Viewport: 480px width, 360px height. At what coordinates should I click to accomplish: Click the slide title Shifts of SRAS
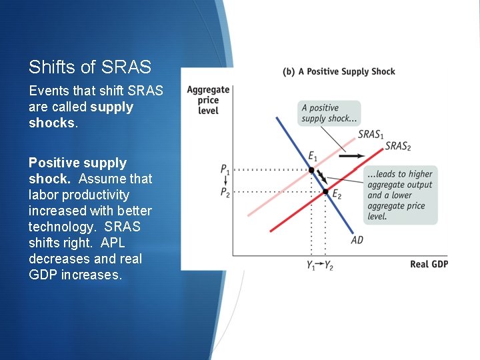pyautogui.click(x=90, y=67)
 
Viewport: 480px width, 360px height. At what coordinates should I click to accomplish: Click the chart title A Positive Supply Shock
pyautogui.click(x=339, y=71)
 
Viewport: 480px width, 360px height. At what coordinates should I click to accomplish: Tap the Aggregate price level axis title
pyautogui.click(x=208, y=99)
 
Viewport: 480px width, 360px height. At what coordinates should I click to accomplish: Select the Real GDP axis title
pyautogui.click(x=429, y=264)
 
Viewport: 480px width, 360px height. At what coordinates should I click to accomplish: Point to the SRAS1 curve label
pyautogui.click(x=371, y=135)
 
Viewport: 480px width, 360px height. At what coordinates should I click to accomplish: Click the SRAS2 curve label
pyautogui.click(x=398, y=146)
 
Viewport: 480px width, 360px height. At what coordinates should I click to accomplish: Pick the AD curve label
pyautogui.click(x=357, y=239)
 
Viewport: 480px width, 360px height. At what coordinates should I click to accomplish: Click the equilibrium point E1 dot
pyautogui.click(x=311, y=170)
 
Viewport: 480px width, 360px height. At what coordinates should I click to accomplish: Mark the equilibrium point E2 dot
pyautogui.click(x=325, y=192)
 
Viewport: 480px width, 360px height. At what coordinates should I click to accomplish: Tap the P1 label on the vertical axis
pyautogui.click(x=225, y=169)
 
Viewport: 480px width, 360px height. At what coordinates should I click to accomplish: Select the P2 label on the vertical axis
pyautogui.click(x=225, y=192)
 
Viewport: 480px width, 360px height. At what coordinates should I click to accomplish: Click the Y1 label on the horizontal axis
pyautogui.click(x=311, y=265)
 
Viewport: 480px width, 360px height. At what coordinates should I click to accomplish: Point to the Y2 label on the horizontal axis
pyautogui.click(x=329, y=265)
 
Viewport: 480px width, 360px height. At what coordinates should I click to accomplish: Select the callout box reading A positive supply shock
pyautogui.click(x=329, y=113)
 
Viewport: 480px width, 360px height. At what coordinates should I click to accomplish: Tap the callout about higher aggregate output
pyautogui.click(x=400, y=195)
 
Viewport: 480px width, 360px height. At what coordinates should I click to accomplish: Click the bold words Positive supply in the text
pyautogui.click(x=77, y=163)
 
